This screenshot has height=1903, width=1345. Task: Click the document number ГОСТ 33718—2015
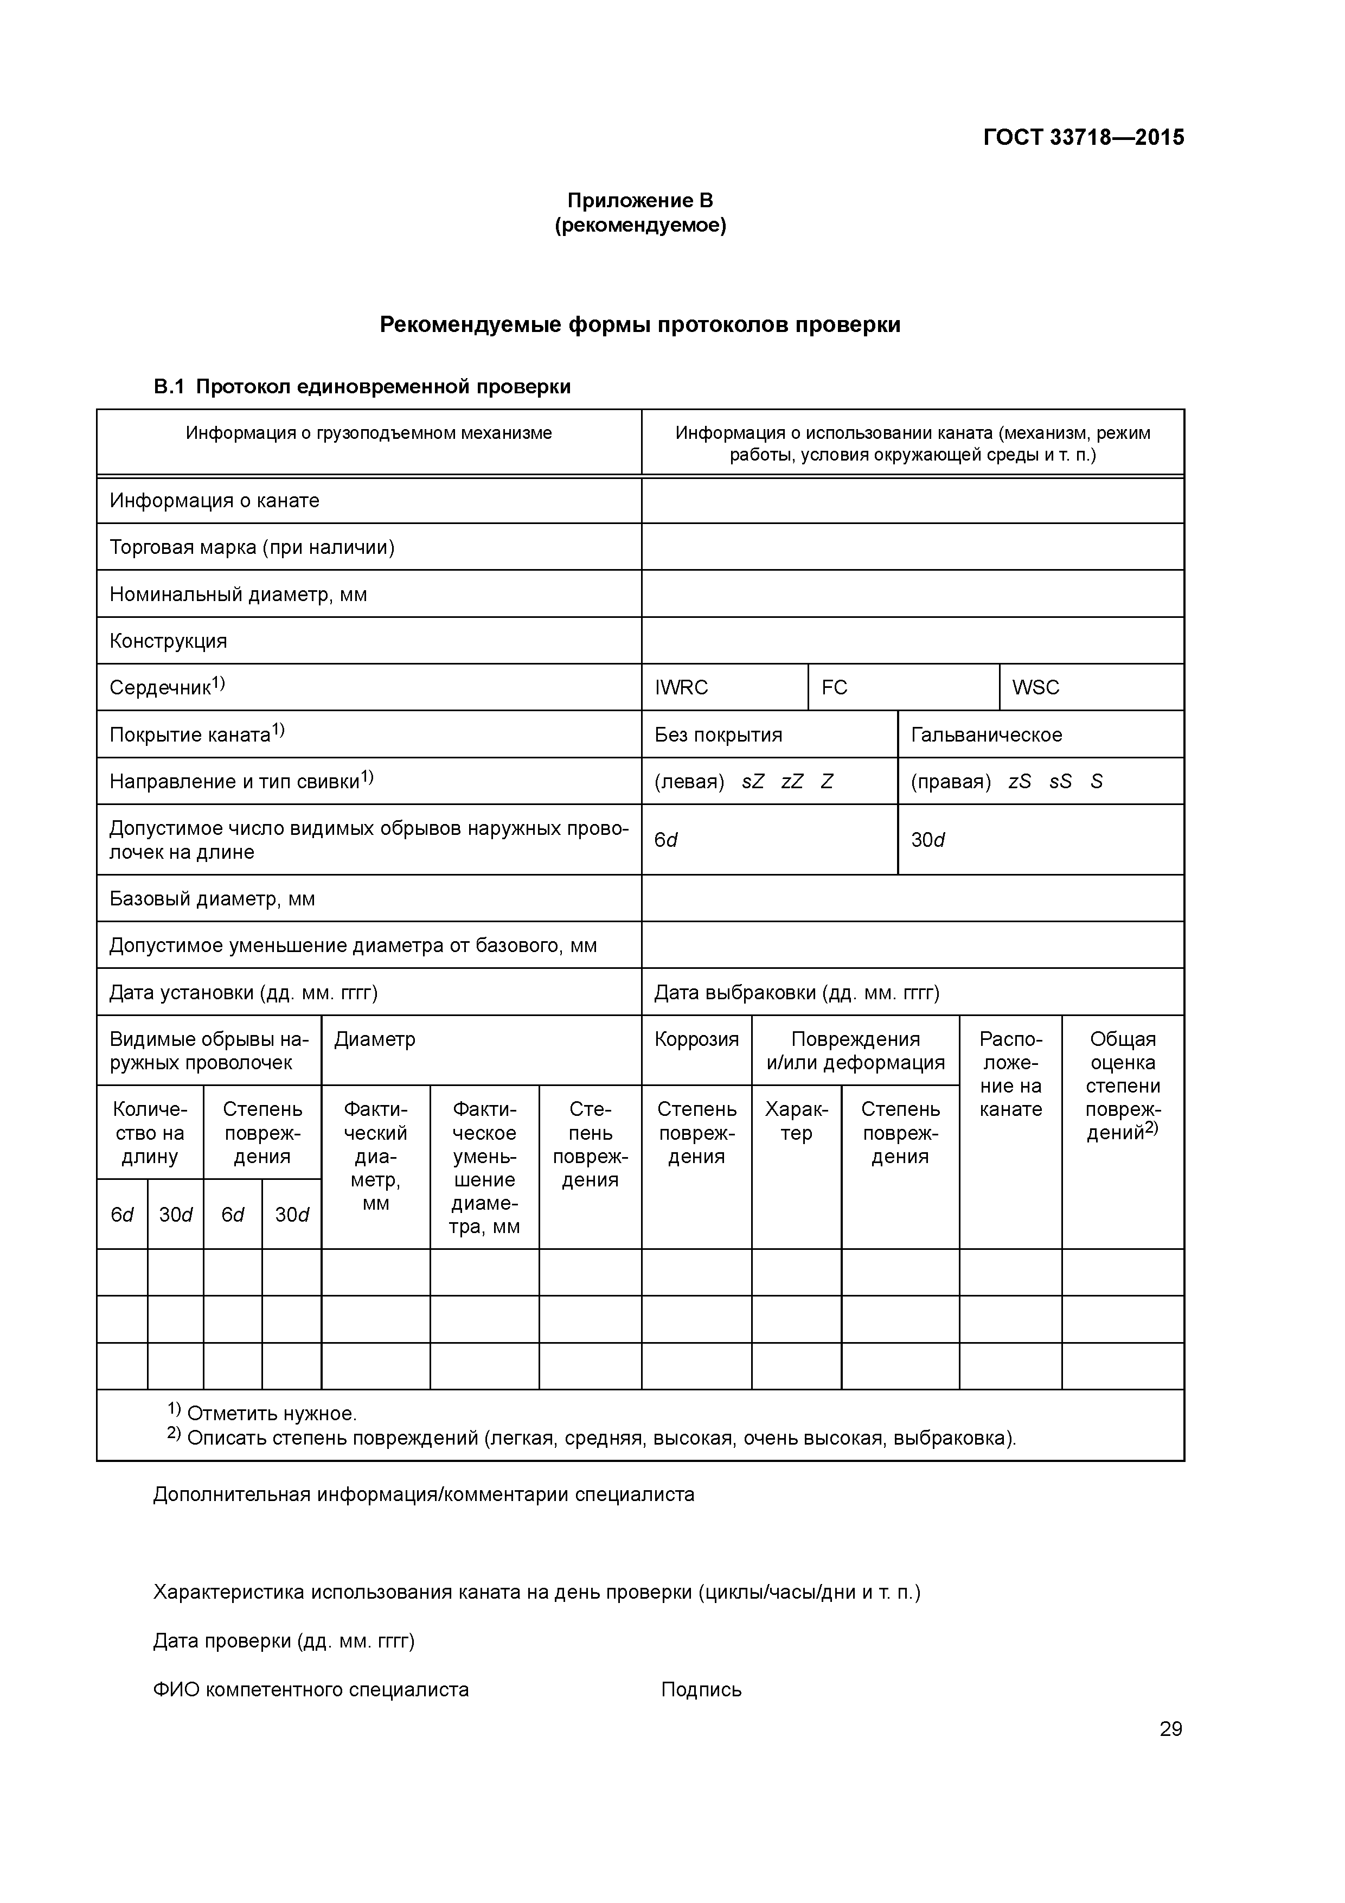point(1083,138)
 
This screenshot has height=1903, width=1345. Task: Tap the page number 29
point(1170,1729)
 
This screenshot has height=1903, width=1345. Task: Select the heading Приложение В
point(640,201)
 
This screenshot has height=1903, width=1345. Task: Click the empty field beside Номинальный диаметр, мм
point(912,594)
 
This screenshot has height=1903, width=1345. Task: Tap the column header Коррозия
point(696,1039)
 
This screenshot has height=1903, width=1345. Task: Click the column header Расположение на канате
point(1010,1074)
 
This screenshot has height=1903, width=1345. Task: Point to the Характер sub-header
point(796,1121)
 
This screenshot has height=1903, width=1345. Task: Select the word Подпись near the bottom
point(701,1690)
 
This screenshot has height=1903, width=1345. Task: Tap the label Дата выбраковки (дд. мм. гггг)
point(796,993)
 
